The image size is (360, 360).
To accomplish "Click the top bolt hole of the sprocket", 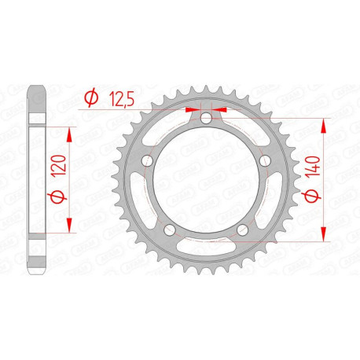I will coord(205,119).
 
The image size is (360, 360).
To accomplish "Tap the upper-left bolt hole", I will coord(147,161).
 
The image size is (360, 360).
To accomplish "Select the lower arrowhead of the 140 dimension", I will coord(323,236).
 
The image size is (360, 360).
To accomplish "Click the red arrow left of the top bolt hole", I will coord(193,112).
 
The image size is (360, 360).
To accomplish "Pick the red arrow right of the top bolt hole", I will coord(219,112).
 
